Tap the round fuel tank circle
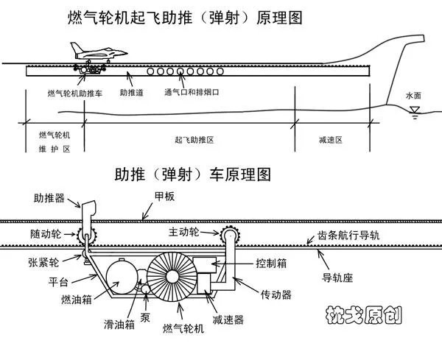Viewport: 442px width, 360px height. (121, 279)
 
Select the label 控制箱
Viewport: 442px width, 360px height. (270, 263)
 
